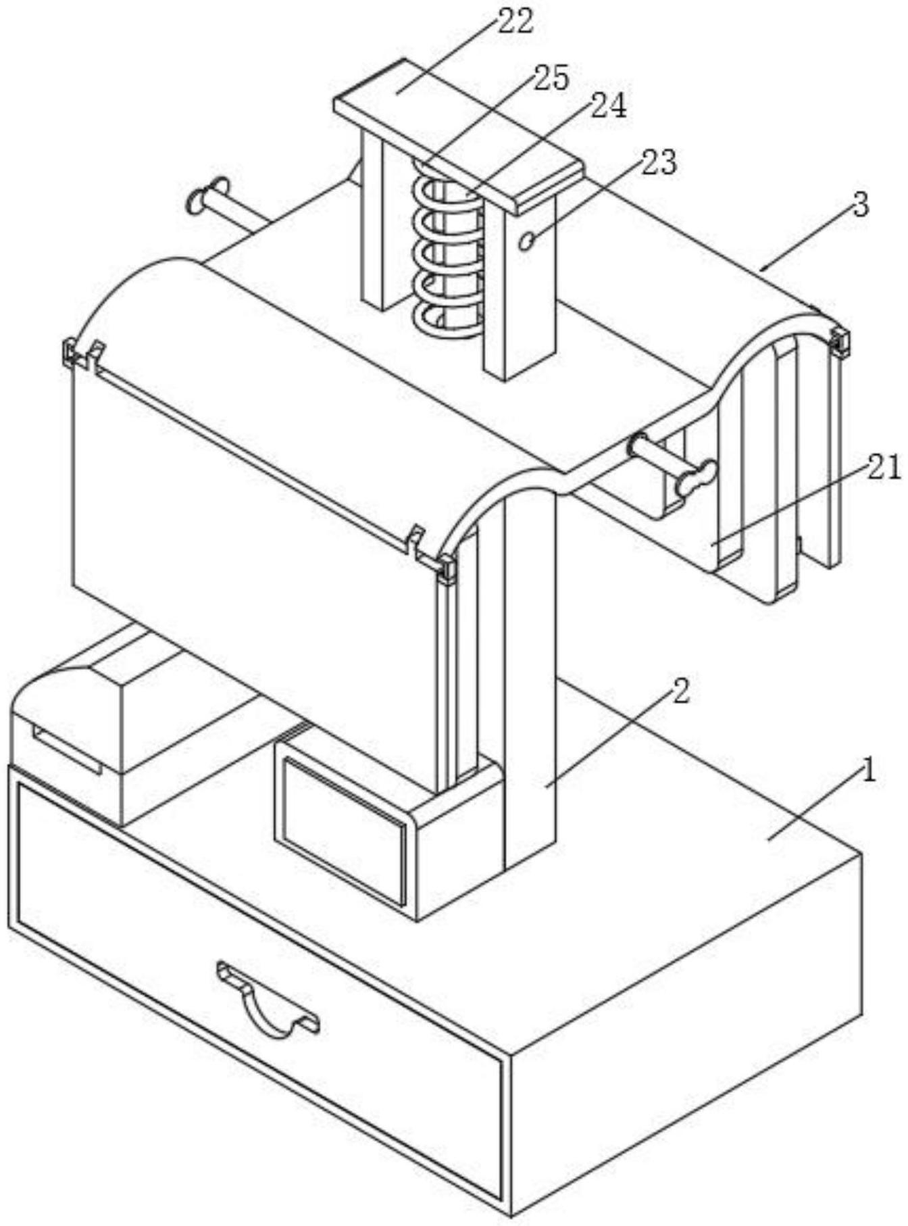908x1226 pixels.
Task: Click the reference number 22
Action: pos(516,22)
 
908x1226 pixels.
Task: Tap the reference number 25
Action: pos(551,78)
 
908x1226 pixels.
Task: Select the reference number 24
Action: pos(609,105)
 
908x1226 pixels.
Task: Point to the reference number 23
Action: pos(659,162)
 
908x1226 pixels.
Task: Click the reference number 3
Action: pos(860,204)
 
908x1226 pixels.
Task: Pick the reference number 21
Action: pos(884,468)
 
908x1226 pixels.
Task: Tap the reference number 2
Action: pos(680,691)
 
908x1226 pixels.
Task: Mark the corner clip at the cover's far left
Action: pos(70,351)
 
